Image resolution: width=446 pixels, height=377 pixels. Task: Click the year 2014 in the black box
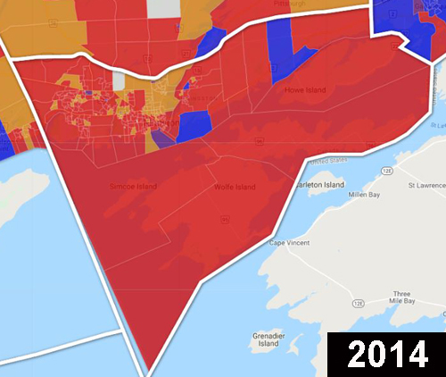pyautogui.click(x=386, y=353)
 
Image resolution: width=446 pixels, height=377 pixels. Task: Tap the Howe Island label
pyautogui.click(x=305, y=90)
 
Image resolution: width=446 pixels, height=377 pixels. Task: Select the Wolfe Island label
pyautogui.click(x=235, y=188)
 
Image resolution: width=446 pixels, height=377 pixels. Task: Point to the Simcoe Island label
pyautogui.click(x=133, y=186)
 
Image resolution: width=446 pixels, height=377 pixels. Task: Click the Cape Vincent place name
pyautogui.click(x=292, y=240)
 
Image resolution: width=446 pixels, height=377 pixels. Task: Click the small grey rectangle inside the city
pyautogui.click(x=119, y=80)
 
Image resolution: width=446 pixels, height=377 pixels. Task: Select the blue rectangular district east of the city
pyautogui.click(x=195, y=124)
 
